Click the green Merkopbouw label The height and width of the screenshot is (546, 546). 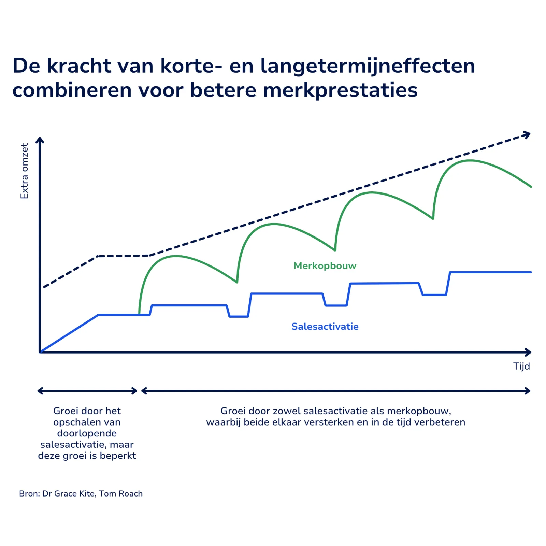(x=325, y=265)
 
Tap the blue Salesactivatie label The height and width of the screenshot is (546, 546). (x=325, y=327)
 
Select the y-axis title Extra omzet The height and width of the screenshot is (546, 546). (x=24, y=171)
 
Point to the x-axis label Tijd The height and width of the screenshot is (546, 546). (x=521, y=366)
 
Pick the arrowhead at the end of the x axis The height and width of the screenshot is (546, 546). (x=528, y=352)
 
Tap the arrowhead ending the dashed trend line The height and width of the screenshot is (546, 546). (x=527, y=135)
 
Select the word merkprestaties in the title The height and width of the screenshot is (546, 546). (x=340, y=90)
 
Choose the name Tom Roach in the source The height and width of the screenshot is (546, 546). (x=121, y=493)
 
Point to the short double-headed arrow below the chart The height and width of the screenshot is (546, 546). (x=87, y=391)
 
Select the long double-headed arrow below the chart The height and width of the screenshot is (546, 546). (x=336, y=391)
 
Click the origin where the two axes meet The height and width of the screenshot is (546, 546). (x=40, y=352)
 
